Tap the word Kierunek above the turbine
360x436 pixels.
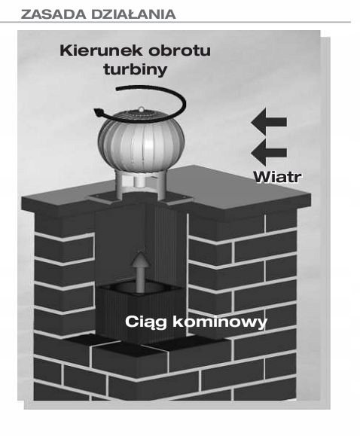pos(102,50)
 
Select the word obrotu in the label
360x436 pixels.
pos(179,50)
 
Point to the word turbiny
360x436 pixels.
pos(136,69)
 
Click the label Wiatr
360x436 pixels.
pos(278,177)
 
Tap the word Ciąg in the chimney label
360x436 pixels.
pos(146,322)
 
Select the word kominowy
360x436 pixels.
pos(220,322)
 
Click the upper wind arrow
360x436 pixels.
pos(269,122)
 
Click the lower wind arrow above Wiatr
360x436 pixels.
pos(269,153)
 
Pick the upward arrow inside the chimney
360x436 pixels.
pos(141,273)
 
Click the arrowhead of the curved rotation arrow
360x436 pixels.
pos(99,113)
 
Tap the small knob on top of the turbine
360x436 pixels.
pos(142,109)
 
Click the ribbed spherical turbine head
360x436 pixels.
pos(141,140)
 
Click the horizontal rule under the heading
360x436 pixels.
pos(175,22)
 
